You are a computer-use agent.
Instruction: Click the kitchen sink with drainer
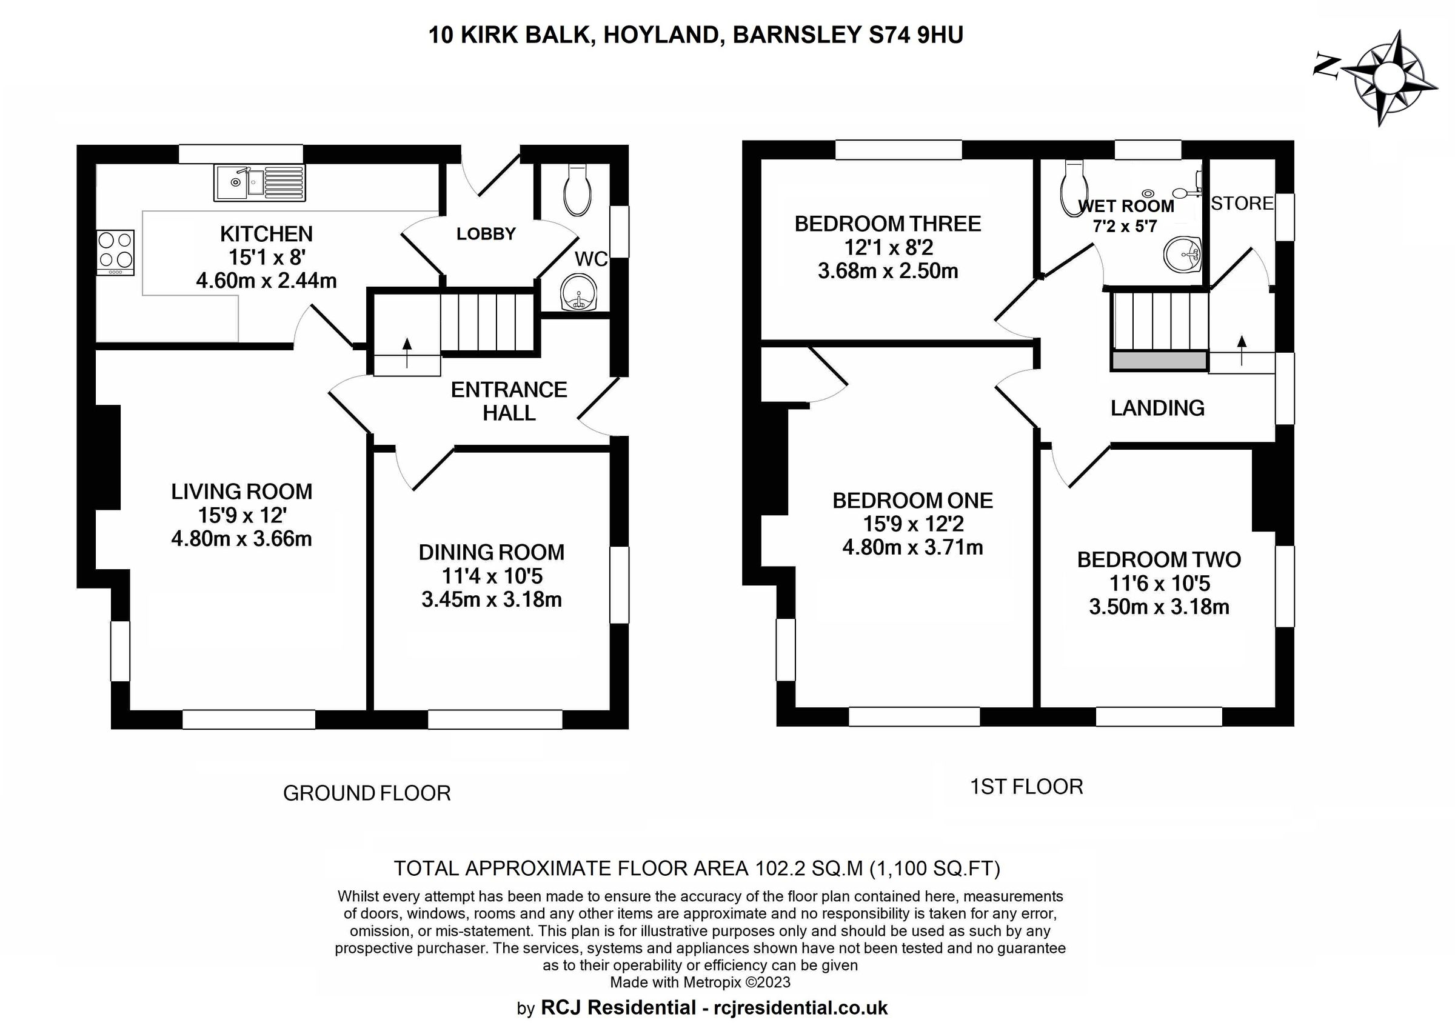coord(260,182)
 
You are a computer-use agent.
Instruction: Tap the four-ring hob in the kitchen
coord(115,252)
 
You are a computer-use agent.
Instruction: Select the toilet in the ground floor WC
coord(578,190)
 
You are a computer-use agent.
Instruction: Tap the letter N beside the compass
coord(1326,66)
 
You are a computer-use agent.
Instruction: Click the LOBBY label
coord(486,235)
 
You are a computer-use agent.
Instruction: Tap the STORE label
coord(1242,203)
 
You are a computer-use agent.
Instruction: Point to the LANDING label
coord(1157,408)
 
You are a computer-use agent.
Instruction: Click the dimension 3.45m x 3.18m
coord(491,600)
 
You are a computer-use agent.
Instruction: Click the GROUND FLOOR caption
coord(367,793)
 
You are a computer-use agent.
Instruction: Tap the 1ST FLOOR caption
coord(1026,787)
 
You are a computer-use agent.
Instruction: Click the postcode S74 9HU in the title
coord(915,35)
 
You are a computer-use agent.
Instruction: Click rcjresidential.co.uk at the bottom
coord(800,1008)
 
